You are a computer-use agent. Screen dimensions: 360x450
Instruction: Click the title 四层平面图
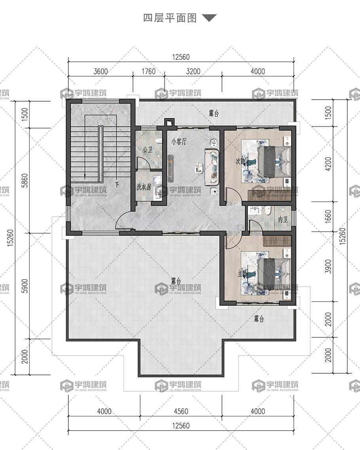[x=170, y=18]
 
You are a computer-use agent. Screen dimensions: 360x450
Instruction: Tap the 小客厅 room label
[x=179, y=142]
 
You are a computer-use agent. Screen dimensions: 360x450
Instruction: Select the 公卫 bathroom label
[x=148, y=149]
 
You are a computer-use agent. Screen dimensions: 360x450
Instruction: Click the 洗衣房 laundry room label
[x=144, y=187]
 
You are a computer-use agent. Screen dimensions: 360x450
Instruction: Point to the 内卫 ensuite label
[x=283, y=220]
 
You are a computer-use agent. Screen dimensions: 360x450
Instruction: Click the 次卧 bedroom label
[x=240, y=162]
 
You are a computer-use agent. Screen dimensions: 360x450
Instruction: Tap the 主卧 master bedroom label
[x=242, y=274]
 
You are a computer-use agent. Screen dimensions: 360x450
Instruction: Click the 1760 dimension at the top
[x=148, y=71]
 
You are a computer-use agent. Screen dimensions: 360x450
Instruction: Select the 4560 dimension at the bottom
[x=181, y=411]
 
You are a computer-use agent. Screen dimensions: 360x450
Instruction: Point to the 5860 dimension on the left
[x=25, y=181]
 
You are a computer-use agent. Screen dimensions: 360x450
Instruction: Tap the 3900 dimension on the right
[x=328, y=267]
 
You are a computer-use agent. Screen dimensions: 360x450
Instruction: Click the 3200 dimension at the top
[x=193, y=71]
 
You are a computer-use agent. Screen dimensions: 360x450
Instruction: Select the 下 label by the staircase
[x=117, y=185]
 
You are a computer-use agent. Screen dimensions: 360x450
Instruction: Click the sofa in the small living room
[x=212, y=167]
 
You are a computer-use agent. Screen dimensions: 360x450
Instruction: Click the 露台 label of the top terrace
[x=214, y=113]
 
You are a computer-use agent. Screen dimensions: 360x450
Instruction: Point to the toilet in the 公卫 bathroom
[x=157, y=141]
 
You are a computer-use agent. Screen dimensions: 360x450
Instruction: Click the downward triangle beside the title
[x=209, y=18]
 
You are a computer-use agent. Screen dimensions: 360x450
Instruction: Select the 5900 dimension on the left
[x=25, y=286]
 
